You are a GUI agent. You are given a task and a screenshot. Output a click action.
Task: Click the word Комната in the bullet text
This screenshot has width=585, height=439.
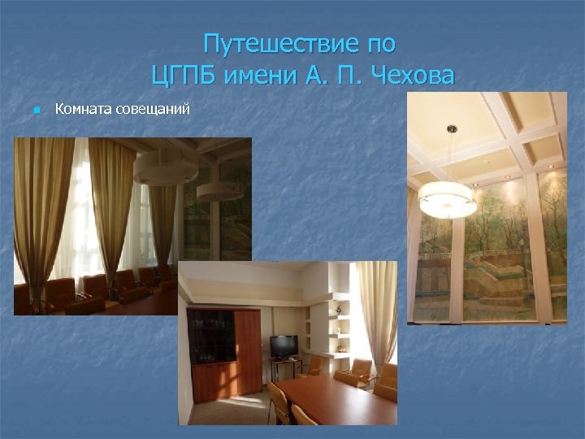[79, 108]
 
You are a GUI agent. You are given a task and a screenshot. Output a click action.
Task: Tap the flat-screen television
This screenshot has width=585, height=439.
[284, 346]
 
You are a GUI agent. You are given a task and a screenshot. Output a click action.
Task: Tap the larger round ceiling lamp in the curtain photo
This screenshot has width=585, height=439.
[166, 167]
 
